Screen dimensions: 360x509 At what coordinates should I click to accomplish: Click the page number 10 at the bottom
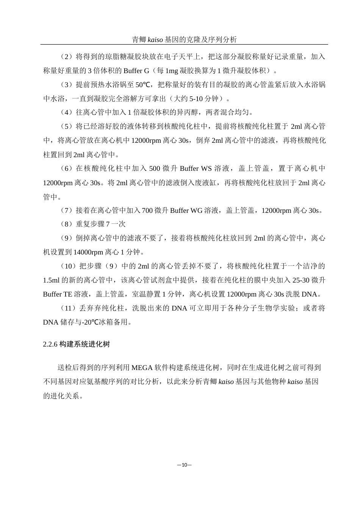[184, 465]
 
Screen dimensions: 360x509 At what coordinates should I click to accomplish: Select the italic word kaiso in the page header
[155, 39]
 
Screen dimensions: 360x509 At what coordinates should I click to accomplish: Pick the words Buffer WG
[186, 211]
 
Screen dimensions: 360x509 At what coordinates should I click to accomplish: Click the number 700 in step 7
[147, 211]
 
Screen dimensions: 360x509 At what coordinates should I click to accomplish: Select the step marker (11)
[68, 308]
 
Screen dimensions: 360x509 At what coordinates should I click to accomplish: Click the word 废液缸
[205, 183]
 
